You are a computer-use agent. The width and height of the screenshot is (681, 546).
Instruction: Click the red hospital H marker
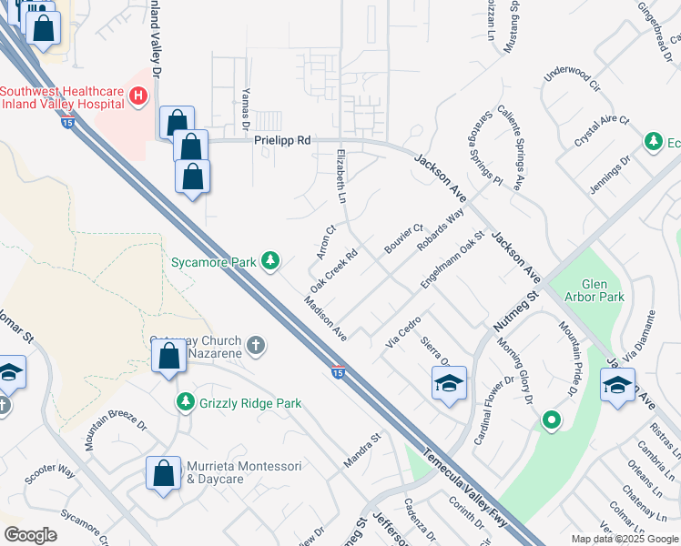[x=138, y=96]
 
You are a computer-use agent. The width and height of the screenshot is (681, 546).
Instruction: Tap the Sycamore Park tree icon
[x=270, y=262]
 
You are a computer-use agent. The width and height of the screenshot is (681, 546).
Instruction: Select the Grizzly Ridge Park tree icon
[x=186, y=402]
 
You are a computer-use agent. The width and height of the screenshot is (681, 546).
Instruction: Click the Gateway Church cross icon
[x=257, y=345]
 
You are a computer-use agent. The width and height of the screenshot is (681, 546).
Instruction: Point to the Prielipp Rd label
[x=282, y=141]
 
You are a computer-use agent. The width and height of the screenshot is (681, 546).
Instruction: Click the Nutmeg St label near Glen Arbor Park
[x=517, y=310]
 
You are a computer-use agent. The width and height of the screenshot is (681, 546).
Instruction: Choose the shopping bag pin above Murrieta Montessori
[x=164, y=474]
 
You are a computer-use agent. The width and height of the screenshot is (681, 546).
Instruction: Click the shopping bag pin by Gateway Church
[x=169, y=357]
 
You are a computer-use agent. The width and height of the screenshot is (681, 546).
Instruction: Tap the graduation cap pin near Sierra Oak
[x=449, y=386]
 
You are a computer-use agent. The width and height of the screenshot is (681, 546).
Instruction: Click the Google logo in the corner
[x=31, y=535]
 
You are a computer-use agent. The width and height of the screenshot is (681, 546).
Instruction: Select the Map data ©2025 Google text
[x=625, y=539]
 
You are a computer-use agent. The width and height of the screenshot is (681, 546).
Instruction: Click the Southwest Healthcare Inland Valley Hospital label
[x=62, y=96]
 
